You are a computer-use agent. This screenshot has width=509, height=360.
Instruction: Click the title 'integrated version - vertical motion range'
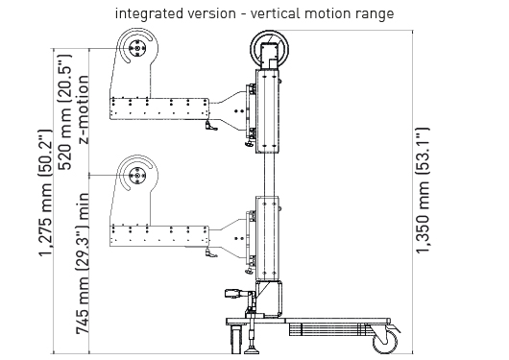click(x=254, y=14)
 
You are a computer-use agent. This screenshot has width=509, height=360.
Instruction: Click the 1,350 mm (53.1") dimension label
click(x=423, y=190)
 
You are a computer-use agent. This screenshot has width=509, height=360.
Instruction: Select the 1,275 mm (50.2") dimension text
click(x=46, y=193)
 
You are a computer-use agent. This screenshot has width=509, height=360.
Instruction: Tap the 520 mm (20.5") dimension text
click(x=64, y=111)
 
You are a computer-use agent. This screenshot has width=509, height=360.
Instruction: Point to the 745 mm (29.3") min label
click(x=83, y=263)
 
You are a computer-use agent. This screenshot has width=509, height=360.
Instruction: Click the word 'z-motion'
click(x=84, y=109)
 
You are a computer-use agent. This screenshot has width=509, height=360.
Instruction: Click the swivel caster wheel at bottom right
click(x=385, y=342)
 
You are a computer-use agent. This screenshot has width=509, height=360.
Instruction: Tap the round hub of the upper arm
click(x=137, y=48)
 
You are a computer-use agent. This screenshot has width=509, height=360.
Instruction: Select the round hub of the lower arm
click(x=137, y=176)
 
